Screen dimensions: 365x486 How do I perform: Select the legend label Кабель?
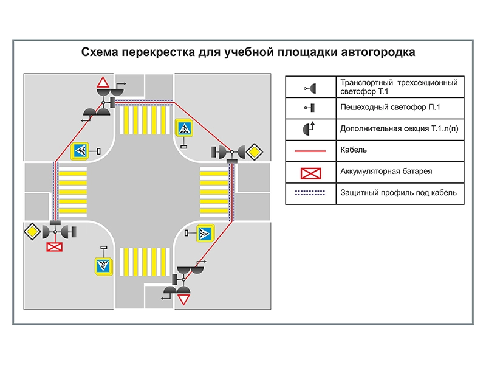(x=354, y=149)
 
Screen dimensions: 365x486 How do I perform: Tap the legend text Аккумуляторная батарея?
(x=386, y=171)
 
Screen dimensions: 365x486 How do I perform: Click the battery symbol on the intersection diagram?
(x=55, y=246)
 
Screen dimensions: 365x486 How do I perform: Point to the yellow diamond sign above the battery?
(x=32, y=232)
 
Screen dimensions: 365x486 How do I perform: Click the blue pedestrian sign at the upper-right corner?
(x=184, y=129)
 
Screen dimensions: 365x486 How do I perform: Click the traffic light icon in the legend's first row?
(x=311, y=88)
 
